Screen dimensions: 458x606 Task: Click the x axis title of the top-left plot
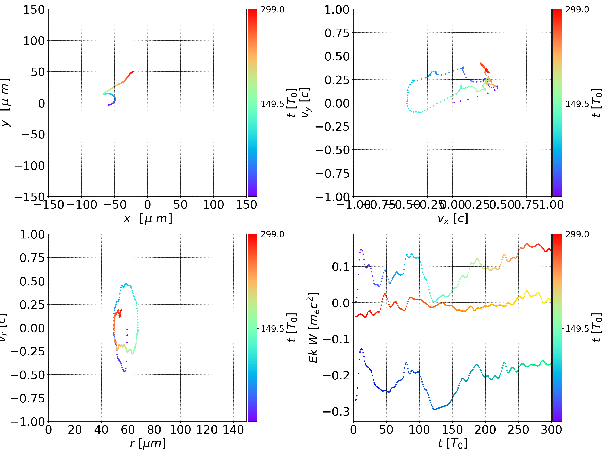click(148, 219)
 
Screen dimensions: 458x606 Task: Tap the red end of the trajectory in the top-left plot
click(133, 71)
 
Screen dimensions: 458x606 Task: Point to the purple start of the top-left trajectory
click(108, 105)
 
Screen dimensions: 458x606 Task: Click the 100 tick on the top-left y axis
click(34, 41)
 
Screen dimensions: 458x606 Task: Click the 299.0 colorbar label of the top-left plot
click(272, 10)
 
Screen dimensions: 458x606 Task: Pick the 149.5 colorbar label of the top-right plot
click(577, 104)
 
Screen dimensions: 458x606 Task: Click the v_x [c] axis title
click(453, 219)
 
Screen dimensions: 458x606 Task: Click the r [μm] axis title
click(148, 443)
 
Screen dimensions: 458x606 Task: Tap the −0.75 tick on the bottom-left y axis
click(28, 398)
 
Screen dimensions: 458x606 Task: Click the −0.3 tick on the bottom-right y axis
click(336, 411)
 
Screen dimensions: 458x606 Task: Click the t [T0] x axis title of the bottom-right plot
click(453, 443)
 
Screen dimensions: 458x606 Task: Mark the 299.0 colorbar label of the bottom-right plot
click(577, 234)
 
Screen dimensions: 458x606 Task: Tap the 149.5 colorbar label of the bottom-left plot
click(272, 328)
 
